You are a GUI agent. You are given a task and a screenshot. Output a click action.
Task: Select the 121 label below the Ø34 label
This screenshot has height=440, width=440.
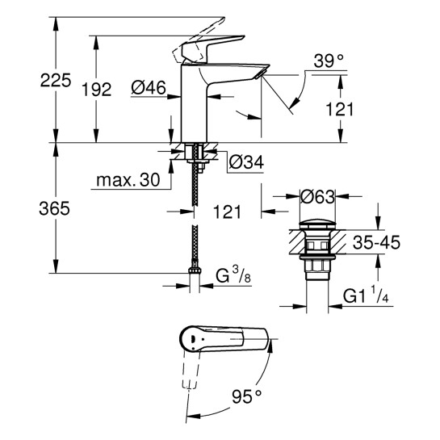click(x=228, y=212)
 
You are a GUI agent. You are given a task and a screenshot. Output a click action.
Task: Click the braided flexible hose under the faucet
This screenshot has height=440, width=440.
click(x=195, y=218)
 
